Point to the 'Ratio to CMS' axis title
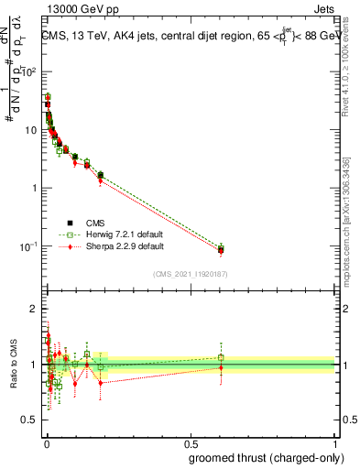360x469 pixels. (13, 365)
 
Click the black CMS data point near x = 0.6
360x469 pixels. (221, 249)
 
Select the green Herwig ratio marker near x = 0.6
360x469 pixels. (221, 357)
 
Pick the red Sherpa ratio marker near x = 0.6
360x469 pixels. (221, 368)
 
